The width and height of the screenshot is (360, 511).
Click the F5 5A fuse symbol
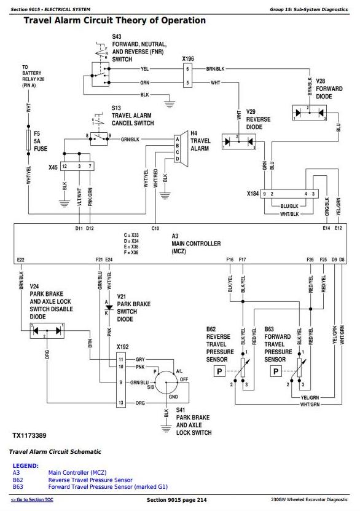pyautogui.click(x=28, y=140)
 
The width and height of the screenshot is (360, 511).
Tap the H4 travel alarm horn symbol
pyautogui.click(x=182, y=149)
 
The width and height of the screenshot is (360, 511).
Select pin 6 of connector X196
pyautogui.click(x=187, y=69)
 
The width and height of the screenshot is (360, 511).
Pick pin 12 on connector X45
pyautogui.click(x=65, y=166)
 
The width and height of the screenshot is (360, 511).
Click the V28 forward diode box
pyautogui.click(x=309, y=113)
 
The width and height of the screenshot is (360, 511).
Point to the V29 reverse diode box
pyautogui.click(x=238, y=142)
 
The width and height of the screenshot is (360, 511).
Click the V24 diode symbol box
pyautogui.click(x=47, y=331)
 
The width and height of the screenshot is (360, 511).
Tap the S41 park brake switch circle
pyautogui.click(x=166, y=382)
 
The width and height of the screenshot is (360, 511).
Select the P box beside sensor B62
pyautogui.click(x=219, y=371)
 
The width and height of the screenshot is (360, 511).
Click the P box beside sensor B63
pyautogui.click(x=276, y=371)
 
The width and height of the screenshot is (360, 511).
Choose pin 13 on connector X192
pyautogui.click(x=121, y=403)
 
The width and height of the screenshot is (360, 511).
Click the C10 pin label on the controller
pyautogui.click(x=155, y=229)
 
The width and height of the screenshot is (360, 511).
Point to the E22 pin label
pyautogui.click(x=20, y=259)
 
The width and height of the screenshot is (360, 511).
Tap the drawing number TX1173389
pyautogui.click(x=29, y=435)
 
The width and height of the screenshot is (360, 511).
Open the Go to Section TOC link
pyautogui.click(x=32, y=499)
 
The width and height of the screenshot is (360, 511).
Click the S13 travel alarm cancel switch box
pyautogui.click(x=99, y=138)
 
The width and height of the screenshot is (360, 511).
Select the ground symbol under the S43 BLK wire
pyautogui.click(x=170, y=105)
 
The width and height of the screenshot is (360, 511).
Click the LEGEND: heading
pyautogui.click(x=25, y=465)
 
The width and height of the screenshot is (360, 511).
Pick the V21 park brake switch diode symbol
pyautogui.click(x=109, y=307)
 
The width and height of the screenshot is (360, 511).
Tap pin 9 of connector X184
pyautogui.click(x=264, y=194)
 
